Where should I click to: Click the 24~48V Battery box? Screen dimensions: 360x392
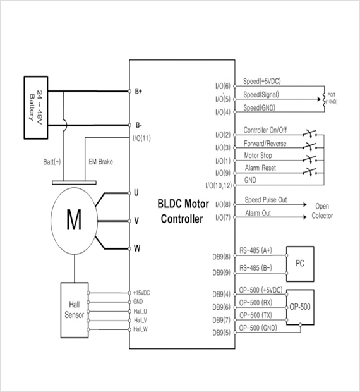pyautogui.click(x=36, y=107)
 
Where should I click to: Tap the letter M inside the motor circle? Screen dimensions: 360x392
pyautogui.click(x=74, y=219)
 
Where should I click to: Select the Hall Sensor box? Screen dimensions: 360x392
pyautogui.click(x=75, y=310)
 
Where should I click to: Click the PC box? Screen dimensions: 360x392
pyautogui.click(x=300, y=264)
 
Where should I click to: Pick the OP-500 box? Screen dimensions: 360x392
pyautogui.click(x=300, y=307)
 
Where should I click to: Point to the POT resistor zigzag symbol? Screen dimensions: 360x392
pyautogui.click(x=324, y=99)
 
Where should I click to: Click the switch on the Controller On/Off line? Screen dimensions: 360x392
pyautogui.click(x=310, y=133)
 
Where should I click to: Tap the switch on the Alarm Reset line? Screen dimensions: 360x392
pyautogui.click(x=310, y=171)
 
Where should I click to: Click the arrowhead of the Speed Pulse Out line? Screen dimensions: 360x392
pyautogui.click(x=305, y=205)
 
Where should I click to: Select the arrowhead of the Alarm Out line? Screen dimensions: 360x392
pyautogui.click(x=305, y=217)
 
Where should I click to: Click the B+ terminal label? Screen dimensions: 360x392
pyautogui.click(x=138, y=91)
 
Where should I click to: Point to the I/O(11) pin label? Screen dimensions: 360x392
pyautogui.click(x=141, y=138)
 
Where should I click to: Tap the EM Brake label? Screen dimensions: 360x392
pyautogui.click(x=100, y=162)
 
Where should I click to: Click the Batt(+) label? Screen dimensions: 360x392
pyautogui.click(x=52, y=162)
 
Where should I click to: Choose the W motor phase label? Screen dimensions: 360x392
pyautogui.click(x=137, y=248)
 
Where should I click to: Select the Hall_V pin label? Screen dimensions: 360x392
pyautogui.click(x=141, y=321)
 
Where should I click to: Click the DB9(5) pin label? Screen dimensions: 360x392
pyautogui.click(x=222, y=333)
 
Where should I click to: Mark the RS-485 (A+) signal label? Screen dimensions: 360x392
pyautogui.click(x=256, y=250)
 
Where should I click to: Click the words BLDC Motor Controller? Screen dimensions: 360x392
pyautogui.click(x=183, y=212)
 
